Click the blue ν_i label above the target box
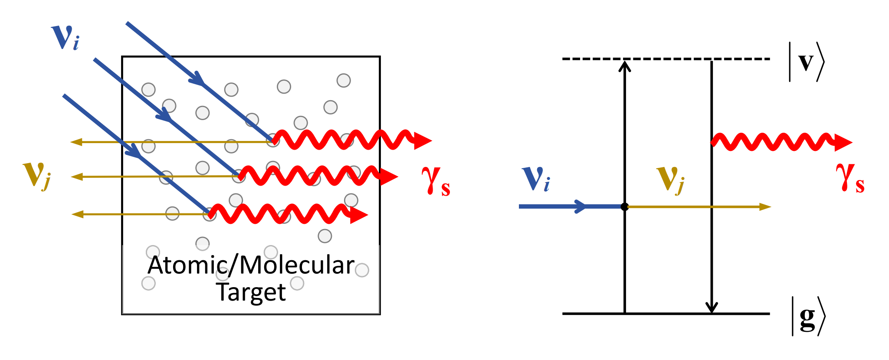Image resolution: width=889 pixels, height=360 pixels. click(x=65, y=38)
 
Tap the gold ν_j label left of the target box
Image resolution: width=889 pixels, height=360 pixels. click(x=37, y=175)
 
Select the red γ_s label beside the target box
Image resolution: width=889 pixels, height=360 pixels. click(x=436, y=181)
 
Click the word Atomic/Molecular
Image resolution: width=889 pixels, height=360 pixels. click(x=251, y=265)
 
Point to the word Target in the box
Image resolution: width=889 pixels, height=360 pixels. click(x=251, y=292)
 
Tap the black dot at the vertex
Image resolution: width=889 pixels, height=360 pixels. click(x=624, y=207)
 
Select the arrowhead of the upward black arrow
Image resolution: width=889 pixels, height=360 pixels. click(x=624, y=65)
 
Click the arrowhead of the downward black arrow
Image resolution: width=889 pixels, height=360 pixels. click(x=711, y=307)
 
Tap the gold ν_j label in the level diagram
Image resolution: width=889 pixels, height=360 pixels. click(x=670, y=179)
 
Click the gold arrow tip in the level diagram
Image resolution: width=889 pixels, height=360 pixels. click(x=766, y=207)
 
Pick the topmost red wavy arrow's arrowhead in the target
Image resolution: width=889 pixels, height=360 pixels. click(x=423, y=141)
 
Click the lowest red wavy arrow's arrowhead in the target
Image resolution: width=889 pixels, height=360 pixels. click(x=359, y=215)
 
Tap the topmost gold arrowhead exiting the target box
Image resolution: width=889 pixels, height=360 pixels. click(x=76, y=142)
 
